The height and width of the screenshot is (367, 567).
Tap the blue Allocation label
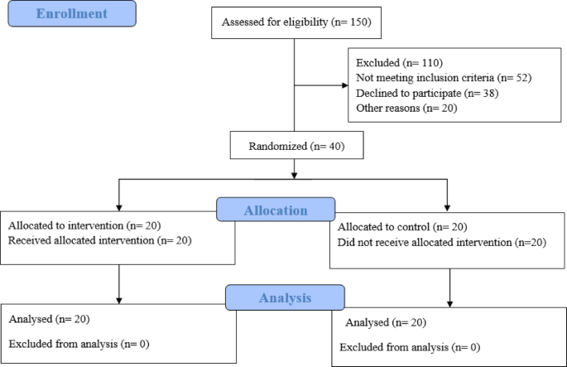coord(276,210)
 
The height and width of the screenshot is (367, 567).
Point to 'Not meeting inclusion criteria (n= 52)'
coord(443,77)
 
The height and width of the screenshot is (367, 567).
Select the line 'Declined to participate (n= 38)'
coord(426,92)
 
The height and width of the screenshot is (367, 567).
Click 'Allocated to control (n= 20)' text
coord(393,227)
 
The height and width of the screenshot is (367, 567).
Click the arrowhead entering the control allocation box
coord(448,207)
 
